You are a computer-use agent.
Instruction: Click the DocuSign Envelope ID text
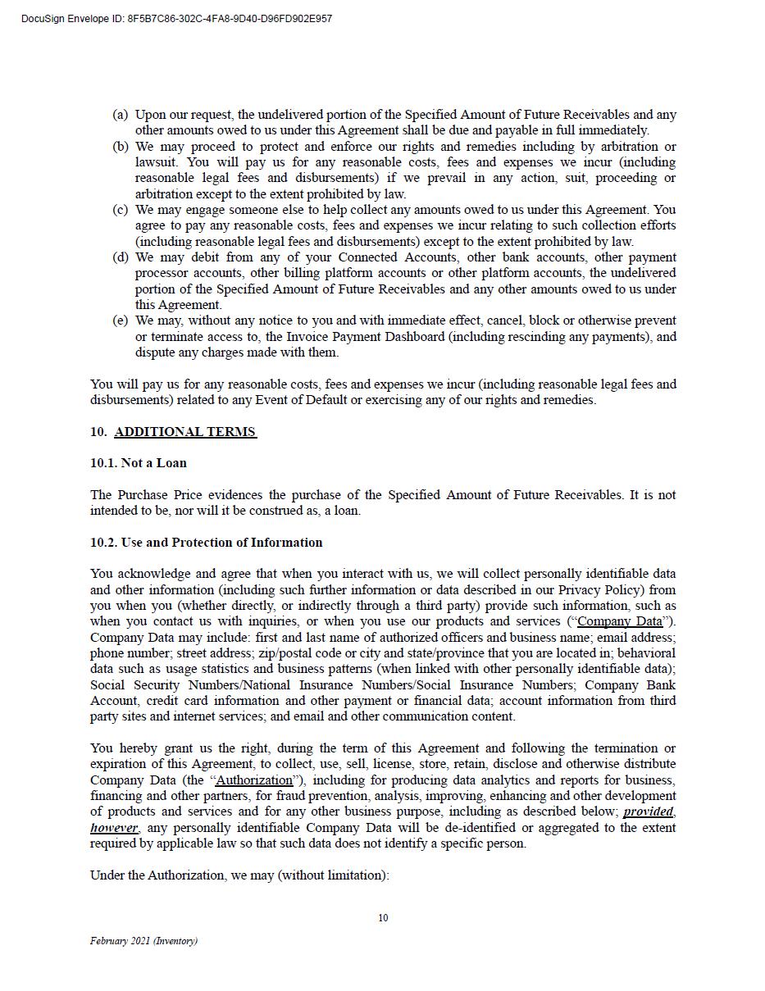[176, 19]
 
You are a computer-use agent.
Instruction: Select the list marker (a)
[121, 115]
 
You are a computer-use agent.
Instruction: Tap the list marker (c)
[121, 210]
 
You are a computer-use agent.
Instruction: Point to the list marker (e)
[121, 320]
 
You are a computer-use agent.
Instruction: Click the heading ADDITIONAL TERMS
[184, 432]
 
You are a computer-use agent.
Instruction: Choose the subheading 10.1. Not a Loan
[139, 463]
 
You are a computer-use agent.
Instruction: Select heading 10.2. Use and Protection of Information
[206, 543]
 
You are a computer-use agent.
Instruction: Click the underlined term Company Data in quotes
[620, 621]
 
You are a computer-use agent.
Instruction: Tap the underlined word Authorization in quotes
[254, 780]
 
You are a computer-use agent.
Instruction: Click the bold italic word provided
[648, 811]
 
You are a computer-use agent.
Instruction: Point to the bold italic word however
[114, 828]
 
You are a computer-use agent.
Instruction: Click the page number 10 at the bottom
[383, 918]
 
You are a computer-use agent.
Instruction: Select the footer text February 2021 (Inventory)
[143, 941]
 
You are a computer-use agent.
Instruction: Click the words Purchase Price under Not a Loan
[160, 495]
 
